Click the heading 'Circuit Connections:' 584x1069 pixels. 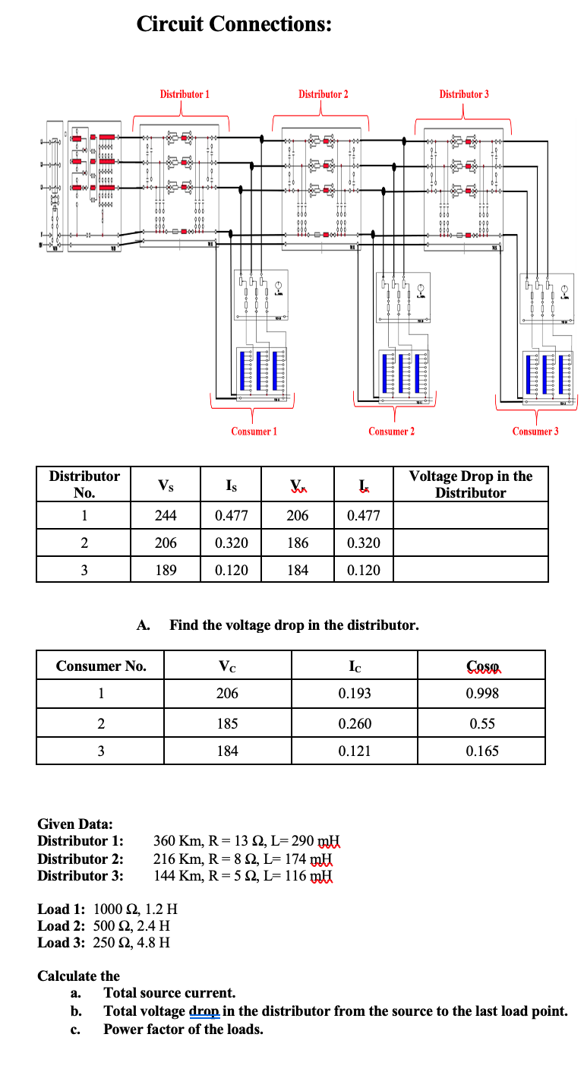tap(234, 24)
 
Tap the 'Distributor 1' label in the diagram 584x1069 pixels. tap(185, 94)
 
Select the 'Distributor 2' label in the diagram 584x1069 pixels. tap(324, 94)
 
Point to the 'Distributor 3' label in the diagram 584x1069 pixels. tap(464, 94)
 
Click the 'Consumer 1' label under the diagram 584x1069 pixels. tap(254, 432)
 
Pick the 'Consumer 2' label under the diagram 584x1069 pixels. tap(391, 432)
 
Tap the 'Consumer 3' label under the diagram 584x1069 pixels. tap(535, 432)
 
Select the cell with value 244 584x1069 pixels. tap(166, 516)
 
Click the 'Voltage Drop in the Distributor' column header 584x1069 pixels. tap(471, 484)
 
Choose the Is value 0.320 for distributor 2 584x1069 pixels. tap(231, 543)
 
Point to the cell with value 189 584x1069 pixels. tap(166, 570)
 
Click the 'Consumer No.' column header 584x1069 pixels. tap(101, 666)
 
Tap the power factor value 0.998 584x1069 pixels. tap(482, 694)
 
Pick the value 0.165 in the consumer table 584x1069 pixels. tap(482, 751)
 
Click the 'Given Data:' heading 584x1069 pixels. tap(75, 824)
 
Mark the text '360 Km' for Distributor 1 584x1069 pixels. tap(176, 841)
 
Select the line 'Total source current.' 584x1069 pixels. tap(169, 993)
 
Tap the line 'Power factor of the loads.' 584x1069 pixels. tap(183, 1029)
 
